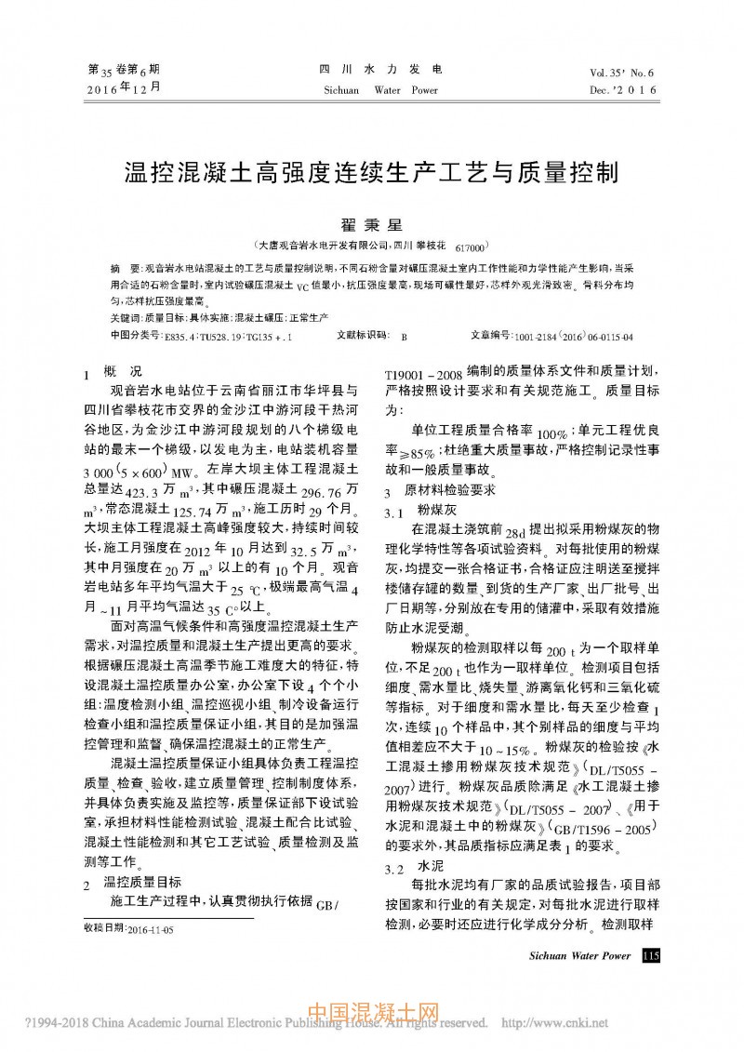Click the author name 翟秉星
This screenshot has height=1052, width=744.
pyautogui.click(x=371, y=225)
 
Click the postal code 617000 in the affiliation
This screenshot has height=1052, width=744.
pyautogui.click(x=470, y=249)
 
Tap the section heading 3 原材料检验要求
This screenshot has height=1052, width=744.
pyautogui.click(x=440, y=490)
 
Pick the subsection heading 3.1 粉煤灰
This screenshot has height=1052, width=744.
pyautogui.click(x=418, y=511)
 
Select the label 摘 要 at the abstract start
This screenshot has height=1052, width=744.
pyautogui.click(x=126, y=266)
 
